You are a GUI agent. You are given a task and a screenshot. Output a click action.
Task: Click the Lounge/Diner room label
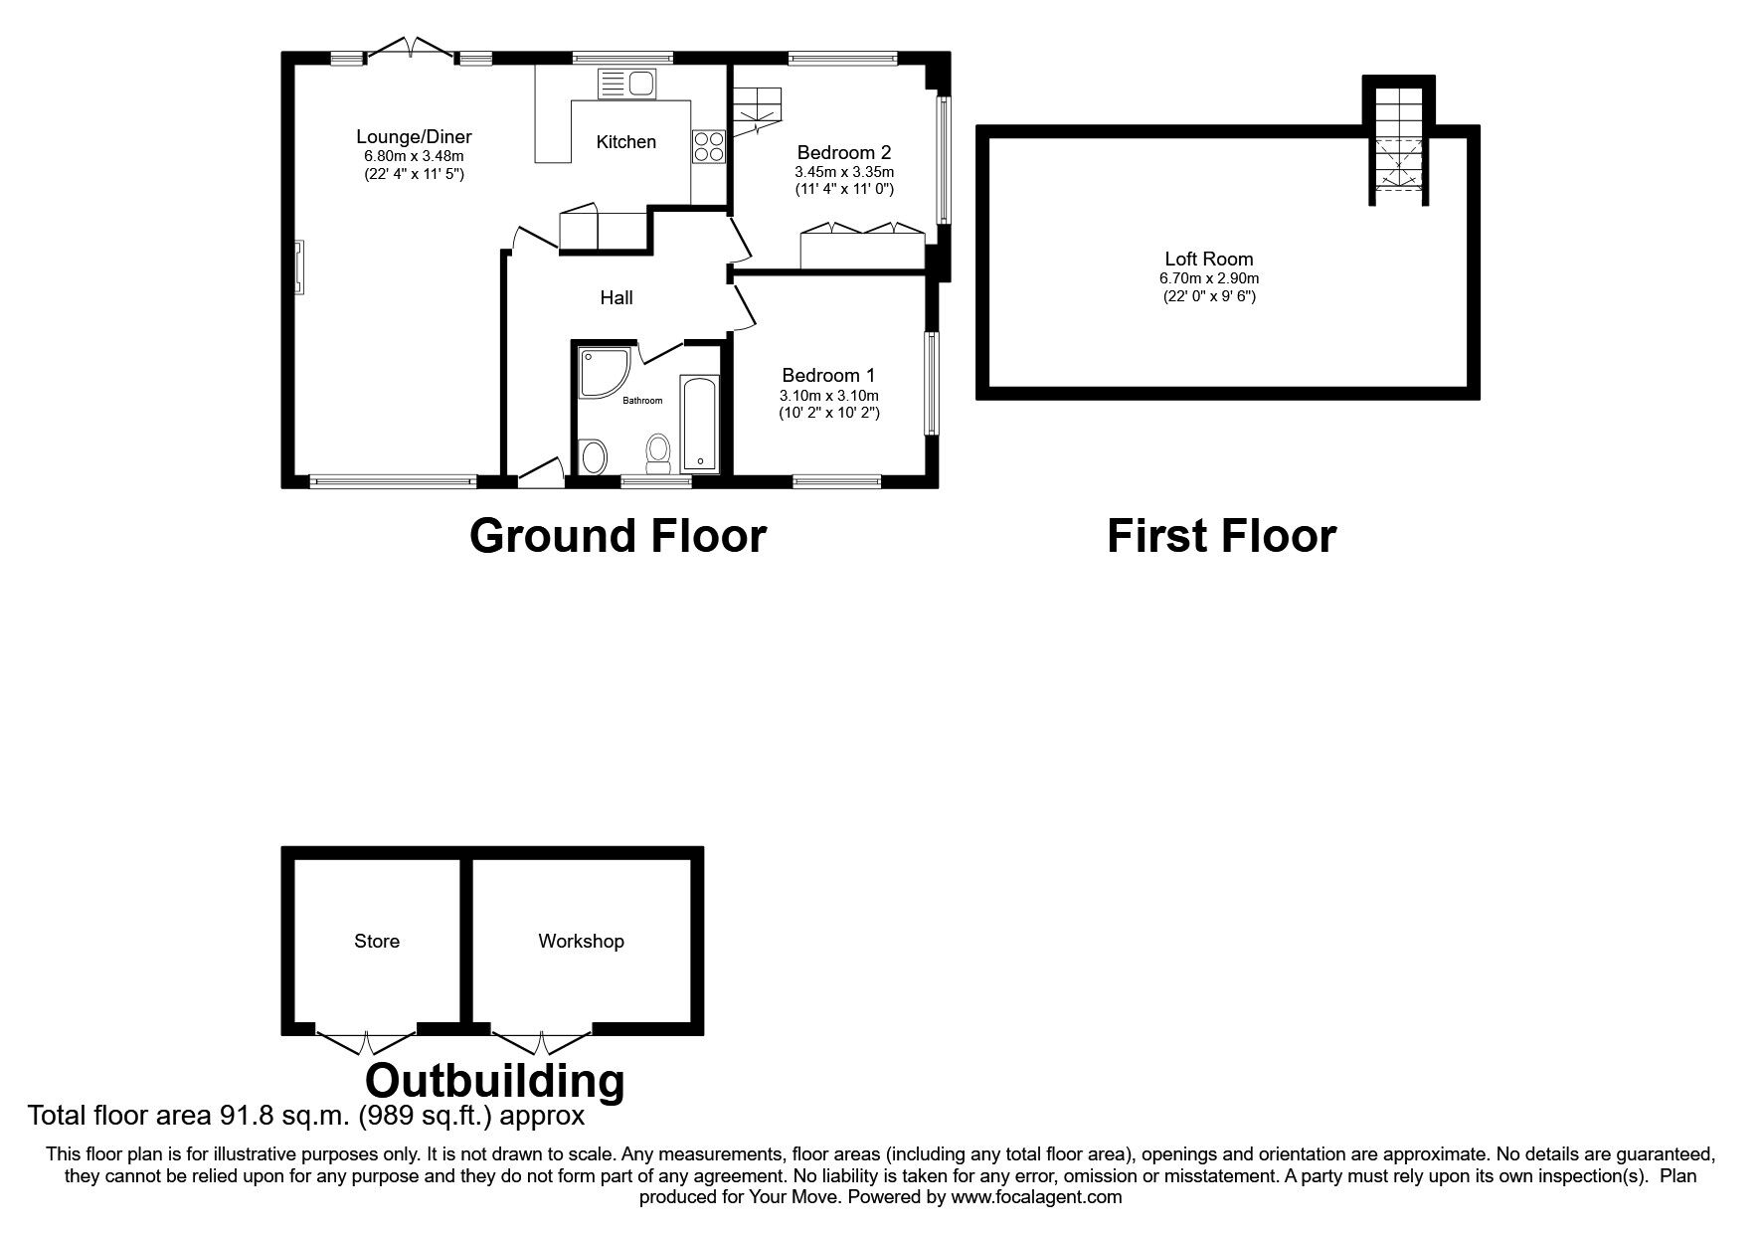(x=414, y=137)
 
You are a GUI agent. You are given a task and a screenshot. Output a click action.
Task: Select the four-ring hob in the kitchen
(x=708, y=146)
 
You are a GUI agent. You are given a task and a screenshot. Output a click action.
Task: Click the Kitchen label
(x=625, y=142)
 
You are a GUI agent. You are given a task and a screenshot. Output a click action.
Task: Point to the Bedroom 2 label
(x=844, y=153)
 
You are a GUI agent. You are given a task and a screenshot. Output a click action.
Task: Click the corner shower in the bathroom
(x=603, y=373)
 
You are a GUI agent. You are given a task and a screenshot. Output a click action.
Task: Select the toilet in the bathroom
(x=658, y=453)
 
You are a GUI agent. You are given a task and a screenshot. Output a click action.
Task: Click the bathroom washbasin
(x=594, y=457)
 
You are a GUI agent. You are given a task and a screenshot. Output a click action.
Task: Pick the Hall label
(x=616, y=297)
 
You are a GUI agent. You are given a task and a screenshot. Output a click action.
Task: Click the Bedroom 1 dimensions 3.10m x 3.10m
(x=828, y=396)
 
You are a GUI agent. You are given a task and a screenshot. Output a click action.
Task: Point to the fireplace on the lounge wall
(x=298, y=266)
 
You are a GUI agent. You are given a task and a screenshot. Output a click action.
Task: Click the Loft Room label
(x=1209, y=260)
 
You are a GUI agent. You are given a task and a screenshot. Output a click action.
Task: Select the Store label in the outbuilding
(x=377, y=941)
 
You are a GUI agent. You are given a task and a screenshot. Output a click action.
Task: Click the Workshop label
(x=581, y=941)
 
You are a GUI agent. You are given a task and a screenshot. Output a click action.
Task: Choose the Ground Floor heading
(x=617, y=535)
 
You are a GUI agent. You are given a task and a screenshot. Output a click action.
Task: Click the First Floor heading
(x=1221, y=535)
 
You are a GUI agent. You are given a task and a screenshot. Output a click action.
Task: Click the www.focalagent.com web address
(x=1036, y=1197)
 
